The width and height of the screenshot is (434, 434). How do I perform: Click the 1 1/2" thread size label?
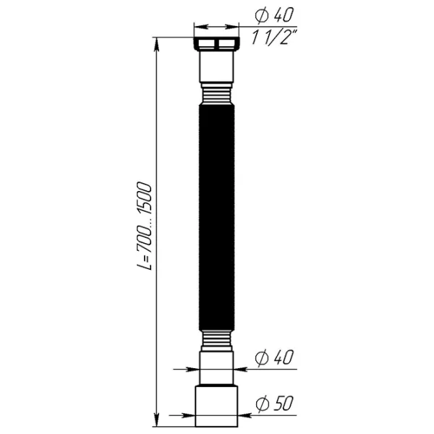pos(274,37)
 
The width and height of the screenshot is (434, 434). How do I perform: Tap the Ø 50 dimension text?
pos(274,404)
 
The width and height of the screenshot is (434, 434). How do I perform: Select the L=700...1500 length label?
pos(145,226)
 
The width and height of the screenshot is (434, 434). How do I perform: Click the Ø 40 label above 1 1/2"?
pos(273,14)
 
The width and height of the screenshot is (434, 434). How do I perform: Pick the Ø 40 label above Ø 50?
pos(273,357)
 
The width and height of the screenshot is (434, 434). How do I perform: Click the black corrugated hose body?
pos(217,217)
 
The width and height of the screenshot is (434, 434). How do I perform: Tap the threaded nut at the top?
pos(217,43)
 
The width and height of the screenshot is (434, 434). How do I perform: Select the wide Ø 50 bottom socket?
pos(216,405)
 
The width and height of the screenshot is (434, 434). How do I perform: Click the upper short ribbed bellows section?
pos(217,93)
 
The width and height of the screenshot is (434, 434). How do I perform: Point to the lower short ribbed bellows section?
pos(217,341)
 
